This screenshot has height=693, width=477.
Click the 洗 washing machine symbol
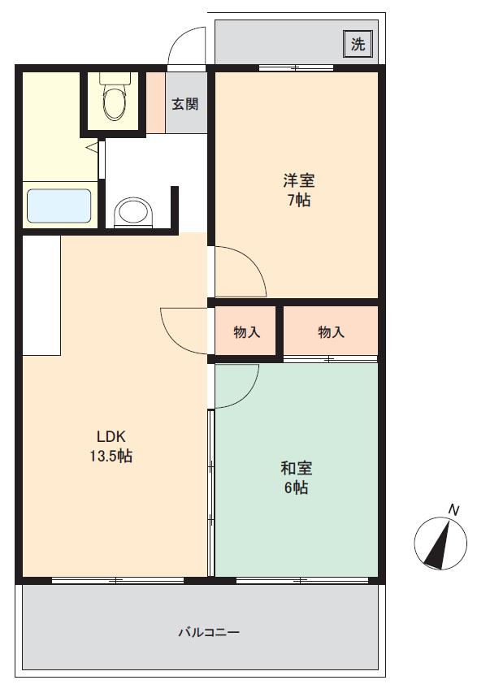click(358, 44)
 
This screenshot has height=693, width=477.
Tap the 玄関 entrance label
click(184, 104)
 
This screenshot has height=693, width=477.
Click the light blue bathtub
click(59, 206)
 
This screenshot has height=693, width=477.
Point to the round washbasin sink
click(133, 213)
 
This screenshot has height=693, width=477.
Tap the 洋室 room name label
click(299, 180)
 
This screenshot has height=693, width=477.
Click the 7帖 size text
click(299, 200)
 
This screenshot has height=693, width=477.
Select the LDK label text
click(111, 436)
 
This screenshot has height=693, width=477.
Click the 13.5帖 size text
click(111, 456)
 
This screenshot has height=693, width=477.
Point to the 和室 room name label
click(296, 468)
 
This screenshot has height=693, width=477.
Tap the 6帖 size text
click(296, 487)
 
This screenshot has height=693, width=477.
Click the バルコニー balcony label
click(209, 632)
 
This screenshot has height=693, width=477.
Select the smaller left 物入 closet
click(245, 331)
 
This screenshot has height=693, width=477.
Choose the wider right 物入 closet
click(331, 331)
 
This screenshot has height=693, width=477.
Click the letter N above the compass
click(453, 510)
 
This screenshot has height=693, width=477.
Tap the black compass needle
click(439, 544)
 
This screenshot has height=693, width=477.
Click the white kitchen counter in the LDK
click(41, 295)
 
